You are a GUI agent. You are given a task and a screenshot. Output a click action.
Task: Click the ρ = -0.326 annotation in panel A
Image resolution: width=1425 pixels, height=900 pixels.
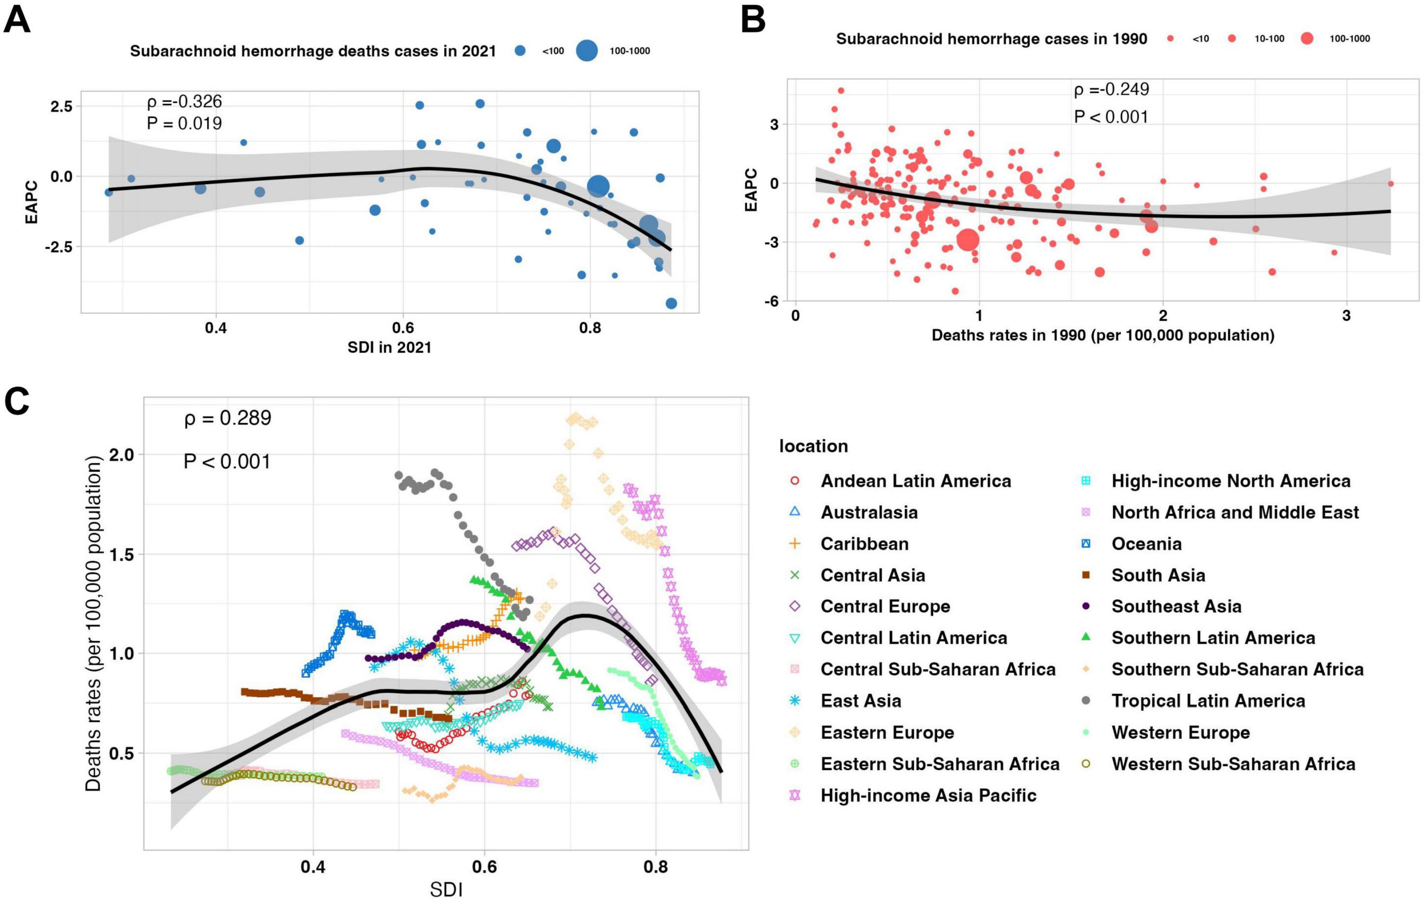pyautogui.click(x=184, y=102)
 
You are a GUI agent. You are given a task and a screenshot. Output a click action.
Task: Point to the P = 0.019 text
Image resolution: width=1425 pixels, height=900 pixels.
pyautogui.click(x=184, y=124)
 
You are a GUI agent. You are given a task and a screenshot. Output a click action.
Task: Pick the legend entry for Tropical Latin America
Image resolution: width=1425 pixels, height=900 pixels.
pyautogui.click(x=1208, y=701)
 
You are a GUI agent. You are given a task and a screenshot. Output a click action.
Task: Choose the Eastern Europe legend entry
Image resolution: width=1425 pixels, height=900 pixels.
pyautogui.click(x=887, y=733)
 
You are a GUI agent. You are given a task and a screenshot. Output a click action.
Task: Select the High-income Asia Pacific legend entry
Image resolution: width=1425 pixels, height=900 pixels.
pyautogui.click(x=928, y=795)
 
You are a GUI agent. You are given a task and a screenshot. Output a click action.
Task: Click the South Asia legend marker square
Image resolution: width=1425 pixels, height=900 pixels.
pyautogui.click(x=1086, y=575)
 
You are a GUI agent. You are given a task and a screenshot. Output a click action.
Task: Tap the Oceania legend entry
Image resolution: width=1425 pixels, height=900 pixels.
pyautogui.click(x=1146, y=544)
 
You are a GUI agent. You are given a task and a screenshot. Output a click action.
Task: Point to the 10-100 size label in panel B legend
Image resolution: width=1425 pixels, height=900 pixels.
pyautogui.click(x=1270, y=39)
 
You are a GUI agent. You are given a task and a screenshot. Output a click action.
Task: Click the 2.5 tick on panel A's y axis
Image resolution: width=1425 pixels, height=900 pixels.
pyautogui.click(x=61, y=107)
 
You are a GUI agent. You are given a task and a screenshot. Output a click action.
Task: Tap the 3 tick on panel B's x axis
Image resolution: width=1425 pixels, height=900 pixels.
pyautogui.click(x=1346, y=316)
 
